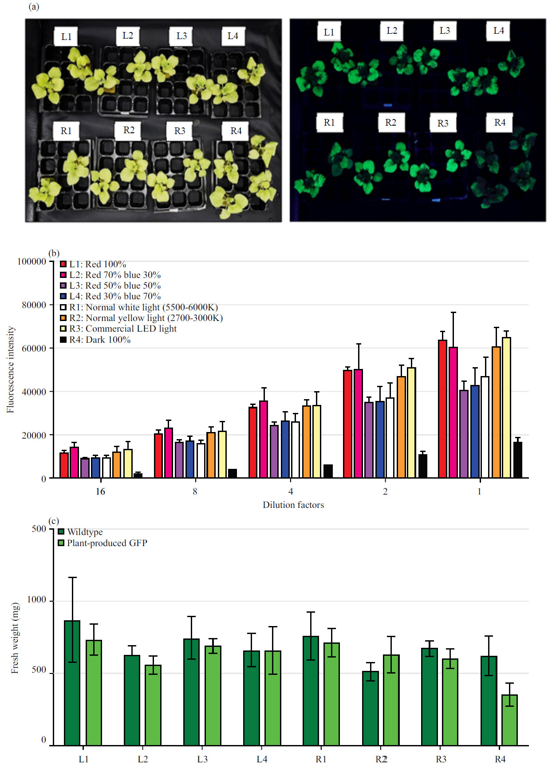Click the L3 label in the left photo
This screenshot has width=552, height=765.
181,36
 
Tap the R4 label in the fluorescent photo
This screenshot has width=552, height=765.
500,123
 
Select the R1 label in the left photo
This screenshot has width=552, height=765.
66,131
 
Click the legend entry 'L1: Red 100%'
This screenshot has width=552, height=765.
93,264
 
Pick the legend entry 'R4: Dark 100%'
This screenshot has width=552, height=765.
95,340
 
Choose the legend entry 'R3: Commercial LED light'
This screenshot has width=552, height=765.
118,329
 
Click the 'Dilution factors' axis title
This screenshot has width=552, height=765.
293,505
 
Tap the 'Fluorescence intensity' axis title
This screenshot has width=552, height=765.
10,369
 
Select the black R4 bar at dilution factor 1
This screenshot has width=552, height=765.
517,460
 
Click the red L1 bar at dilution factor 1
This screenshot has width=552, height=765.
442,409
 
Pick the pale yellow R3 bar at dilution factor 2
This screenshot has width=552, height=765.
411,423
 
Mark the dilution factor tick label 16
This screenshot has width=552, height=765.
100,492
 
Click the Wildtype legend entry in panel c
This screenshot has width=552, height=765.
81,532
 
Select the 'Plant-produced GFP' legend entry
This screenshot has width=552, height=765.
103,543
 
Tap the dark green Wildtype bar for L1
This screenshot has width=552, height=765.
72,683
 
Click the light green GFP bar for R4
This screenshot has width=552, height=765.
509,720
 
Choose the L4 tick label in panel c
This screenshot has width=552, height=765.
262,759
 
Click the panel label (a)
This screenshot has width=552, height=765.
34,7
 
